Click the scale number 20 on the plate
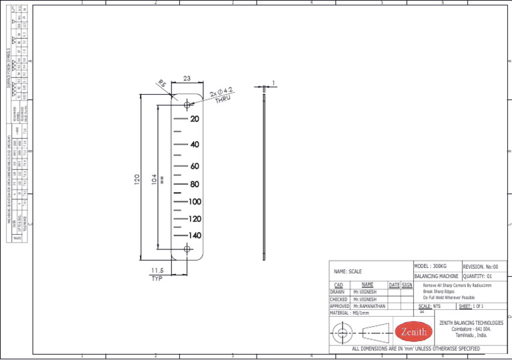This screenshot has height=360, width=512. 194,119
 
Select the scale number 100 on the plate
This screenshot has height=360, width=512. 194,201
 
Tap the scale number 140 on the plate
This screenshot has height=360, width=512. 194,235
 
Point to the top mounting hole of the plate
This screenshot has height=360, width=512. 187,104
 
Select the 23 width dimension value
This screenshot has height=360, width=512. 187,79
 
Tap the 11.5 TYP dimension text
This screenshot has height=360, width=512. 157,274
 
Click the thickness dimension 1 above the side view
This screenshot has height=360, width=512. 273,83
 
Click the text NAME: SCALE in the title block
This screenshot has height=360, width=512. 348,271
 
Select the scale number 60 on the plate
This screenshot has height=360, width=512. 194,166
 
